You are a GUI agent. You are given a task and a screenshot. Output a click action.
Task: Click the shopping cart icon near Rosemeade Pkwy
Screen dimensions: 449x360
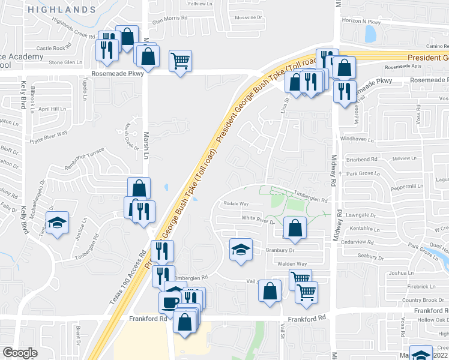click(180, 61)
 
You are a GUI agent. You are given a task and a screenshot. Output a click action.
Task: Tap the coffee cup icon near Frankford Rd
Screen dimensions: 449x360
click(169, 302)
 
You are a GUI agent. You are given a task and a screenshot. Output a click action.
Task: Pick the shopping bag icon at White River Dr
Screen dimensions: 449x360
click(295, 228)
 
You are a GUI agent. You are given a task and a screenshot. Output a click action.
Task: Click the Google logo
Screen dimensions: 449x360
click(20, 353)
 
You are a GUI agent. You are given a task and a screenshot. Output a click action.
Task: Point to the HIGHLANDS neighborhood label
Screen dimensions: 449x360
click(62, 10)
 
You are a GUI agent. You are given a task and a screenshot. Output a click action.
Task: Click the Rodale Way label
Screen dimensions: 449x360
click(235, 203)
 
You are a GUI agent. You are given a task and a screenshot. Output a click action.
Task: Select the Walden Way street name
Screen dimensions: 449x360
click(292, 264)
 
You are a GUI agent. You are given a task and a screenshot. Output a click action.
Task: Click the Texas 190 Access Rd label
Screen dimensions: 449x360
click(127, 282)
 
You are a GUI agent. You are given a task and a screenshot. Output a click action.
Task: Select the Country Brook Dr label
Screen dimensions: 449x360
click(420, 299)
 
